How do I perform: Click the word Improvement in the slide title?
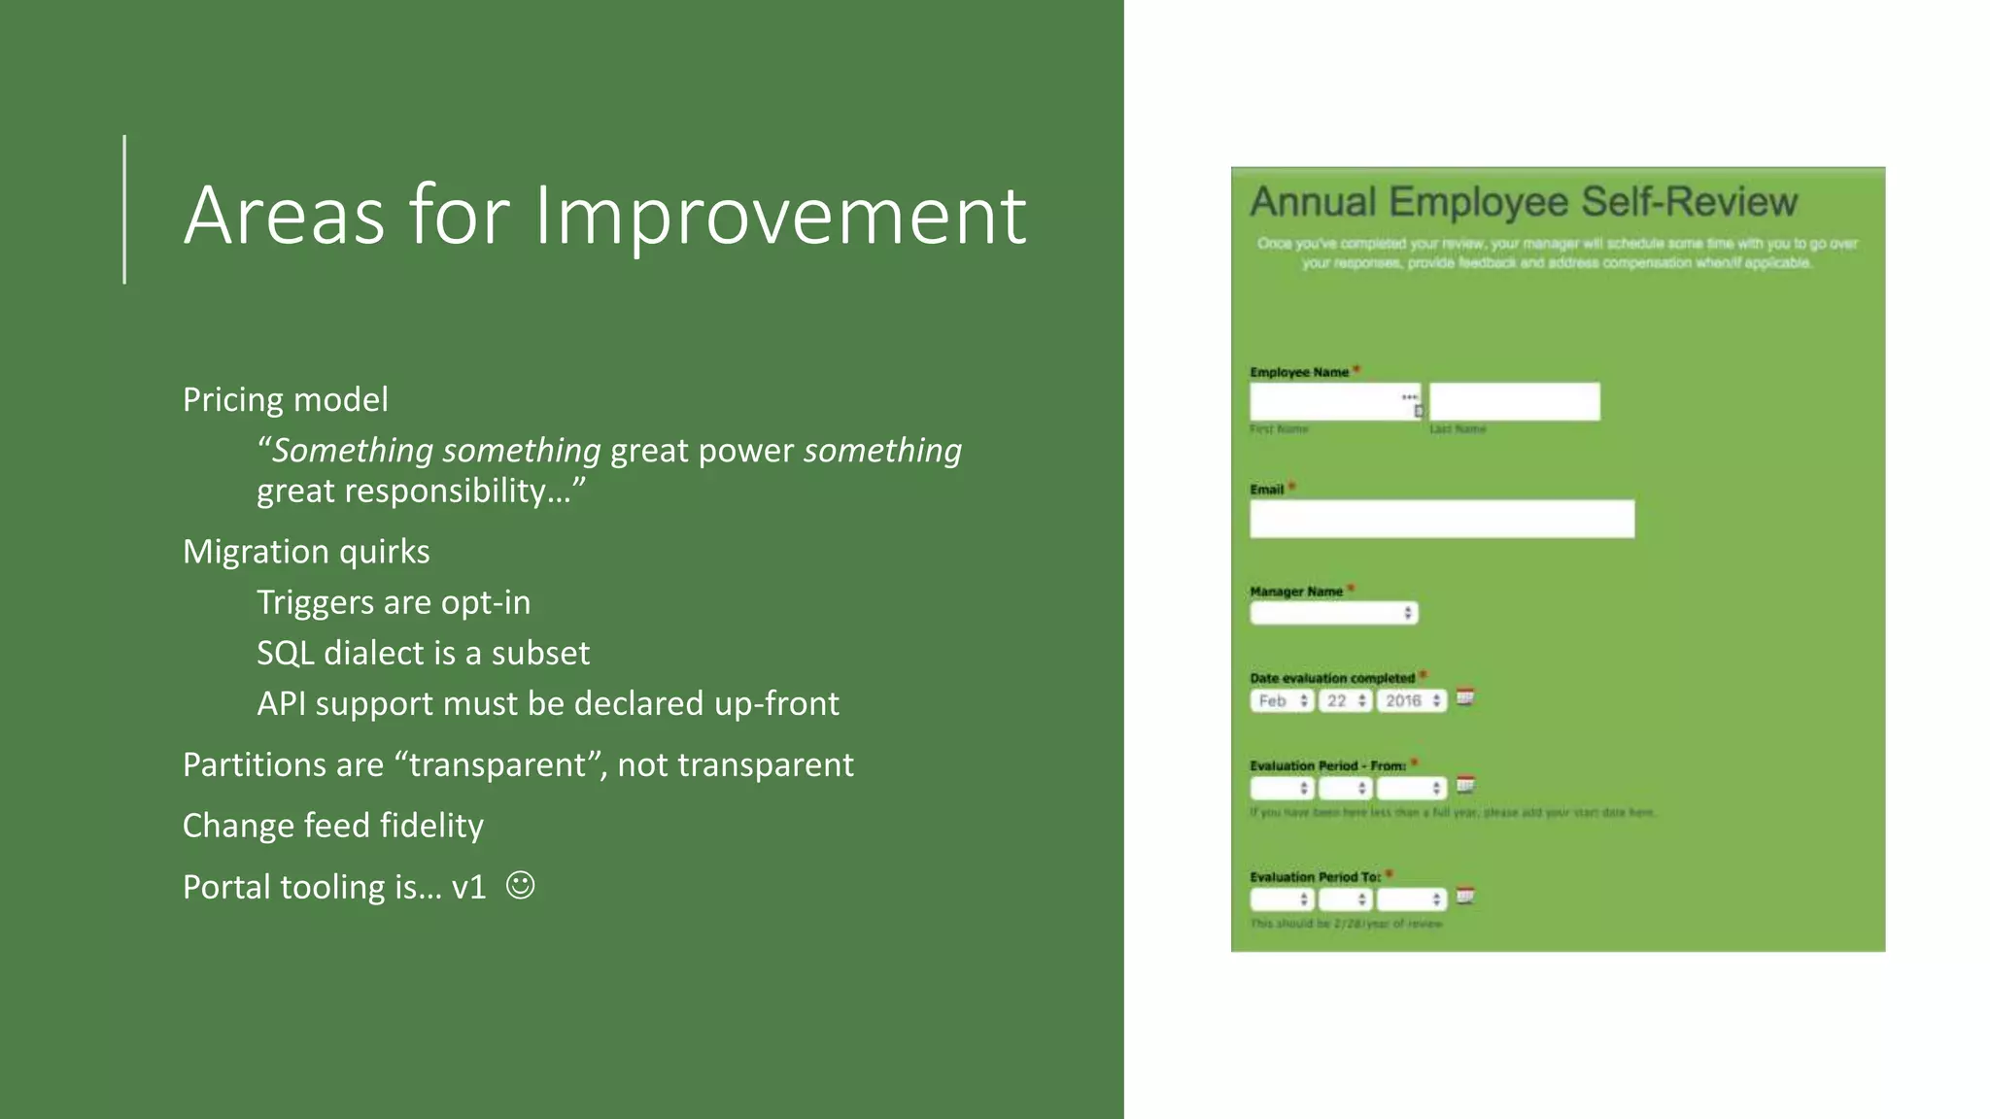(x=780, y=215)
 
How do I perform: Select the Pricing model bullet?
(x=285, y=399)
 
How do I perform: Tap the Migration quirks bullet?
(x=306, y=552)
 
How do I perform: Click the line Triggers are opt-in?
(x=394, y=602)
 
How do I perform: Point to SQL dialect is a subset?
(x=423, y=653)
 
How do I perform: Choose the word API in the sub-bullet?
(x=281, y=703)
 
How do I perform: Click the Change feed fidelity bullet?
(x=332, y=826)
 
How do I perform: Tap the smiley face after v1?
(x=521, y=886)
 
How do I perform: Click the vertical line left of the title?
(x=124, y=209)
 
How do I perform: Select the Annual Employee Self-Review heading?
(x=1523, y=202)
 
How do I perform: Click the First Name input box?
(x=1327, y=401)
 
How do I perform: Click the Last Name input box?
(x=1514, y=401)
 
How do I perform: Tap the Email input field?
(x=1441, y=519)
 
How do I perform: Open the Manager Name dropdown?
(x=1333, y=613)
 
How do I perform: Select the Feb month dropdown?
(x=1282, y=700)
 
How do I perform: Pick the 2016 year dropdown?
(x=1411, y=700)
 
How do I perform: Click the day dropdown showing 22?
(x=1345, y=700)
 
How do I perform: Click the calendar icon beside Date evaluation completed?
(x=1465, y=697)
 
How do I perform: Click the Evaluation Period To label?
(x=1315, y=877)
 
